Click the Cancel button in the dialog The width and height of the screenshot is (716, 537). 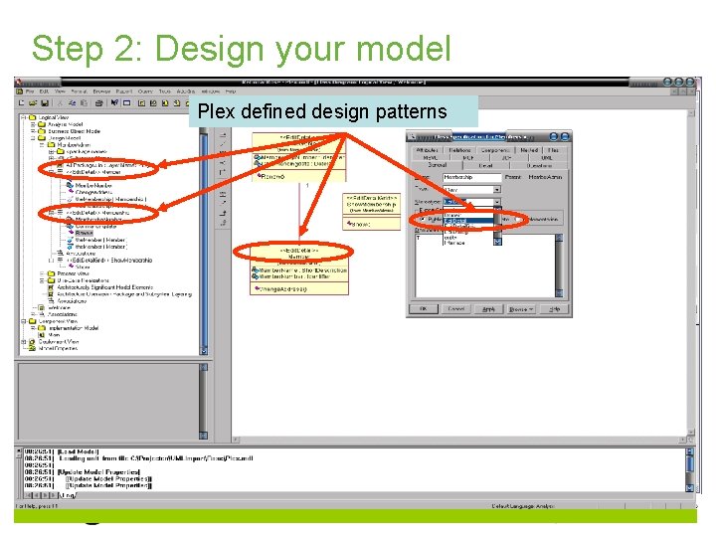[455, 309]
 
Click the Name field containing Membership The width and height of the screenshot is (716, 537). [470, 177]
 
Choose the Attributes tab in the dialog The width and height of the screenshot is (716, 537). [428, 150]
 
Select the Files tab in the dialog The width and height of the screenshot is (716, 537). [552, 150]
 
